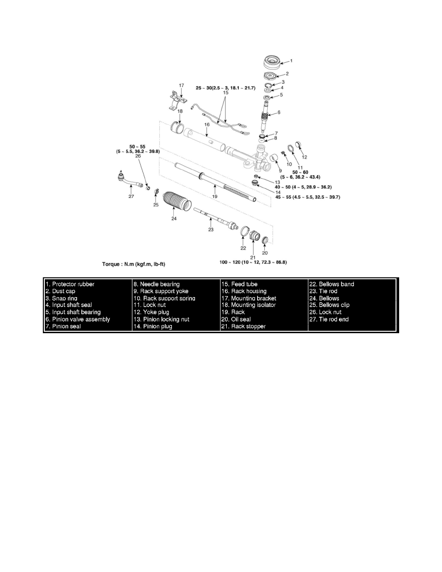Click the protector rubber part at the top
click(x=272, y=62)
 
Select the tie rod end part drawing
click(x=129, y=180)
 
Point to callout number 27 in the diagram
click(x=131, y=196)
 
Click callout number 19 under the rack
click(x=215, y=196)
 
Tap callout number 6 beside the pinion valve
click(x=279, y=112)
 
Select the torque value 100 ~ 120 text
click(x=253, y=262)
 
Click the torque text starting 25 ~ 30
click(x=225, y=88)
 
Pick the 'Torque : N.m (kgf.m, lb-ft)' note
click(x=133, y=264)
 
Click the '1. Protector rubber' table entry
click(x=70, y=284)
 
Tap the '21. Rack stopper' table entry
click(x=243, y=326)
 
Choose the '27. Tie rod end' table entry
click(x=329, y=319)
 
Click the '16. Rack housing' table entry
click(x=244, y=291)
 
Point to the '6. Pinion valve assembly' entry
click(x=78, y=319)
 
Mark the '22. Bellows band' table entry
click(x=331, y=284)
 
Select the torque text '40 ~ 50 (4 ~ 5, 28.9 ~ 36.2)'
click(x=303, y=187)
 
